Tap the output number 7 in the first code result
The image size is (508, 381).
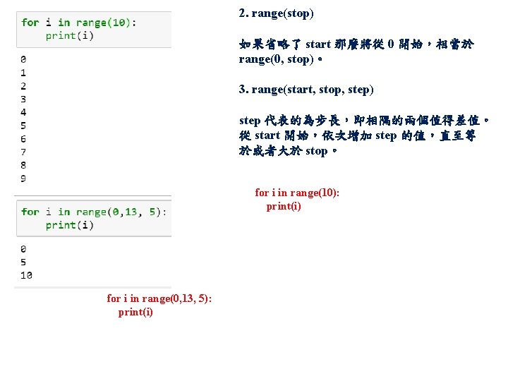click(x=24, y=152)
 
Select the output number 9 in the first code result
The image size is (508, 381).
click(x=24, y=179)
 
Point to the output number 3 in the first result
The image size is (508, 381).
click(x=24, y=99)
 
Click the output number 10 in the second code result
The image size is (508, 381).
click(x=26, y=275)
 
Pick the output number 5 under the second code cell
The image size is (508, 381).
click(x=24, y=262)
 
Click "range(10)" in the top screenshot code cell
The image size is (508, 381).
click(x=103, y=23)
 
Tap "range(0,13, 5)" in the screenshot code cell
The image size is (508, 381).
click(x=120, y=212)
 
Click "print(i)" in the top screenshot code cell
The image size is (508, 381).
click(x=69, y=35)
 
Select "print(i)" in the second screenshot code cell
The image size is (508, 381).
click(x=69, y=225)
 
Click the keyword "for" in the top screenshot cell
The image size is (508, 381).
click(x=30, y=23)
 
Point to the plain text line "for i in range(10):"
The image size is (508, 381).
click(x=297, y=193)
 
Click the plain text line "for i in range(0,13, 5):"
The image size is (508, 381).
click(x=159, y=298)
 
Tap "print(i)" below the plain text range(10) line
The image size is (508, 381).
click(x=284, y=206)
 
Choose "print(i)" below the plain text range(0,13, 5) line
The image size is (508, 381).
click(x=135, y=312)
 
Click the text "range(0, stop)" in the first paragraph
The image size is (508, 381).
click(x=275, y=59)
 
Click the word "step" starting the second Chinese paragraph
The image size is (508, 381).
click(x=250, y=121)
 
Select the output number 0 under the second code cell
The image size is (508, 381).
click(x=24, y=249)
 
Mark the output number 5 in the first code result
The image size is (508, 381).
click(x=24, y=126)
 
